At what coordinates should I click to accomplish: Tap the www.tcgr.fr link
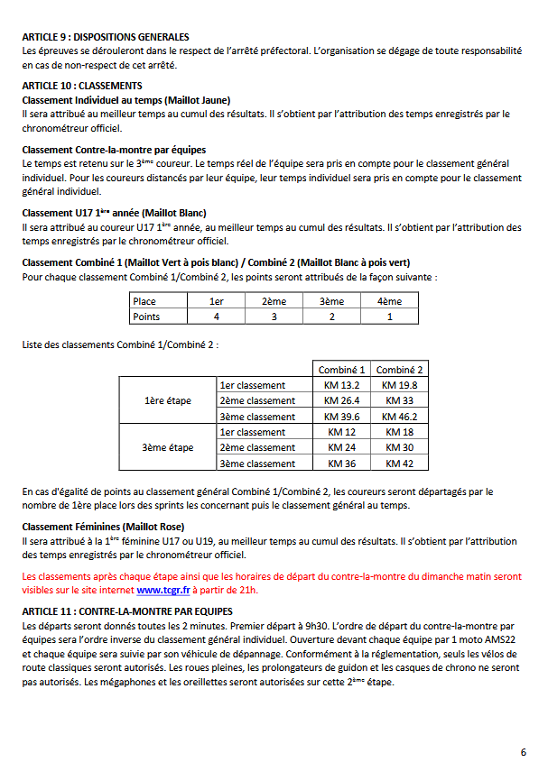tap(163, 591)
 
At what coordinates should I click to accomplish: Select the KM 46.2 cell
tap(399, 417)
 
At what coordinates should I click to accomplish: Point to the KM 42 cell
tap(399, 464)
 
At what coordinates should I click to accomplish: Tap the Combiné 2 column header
tap(399, 370)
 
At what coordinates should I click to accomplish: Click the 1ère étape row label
tap(168, 400)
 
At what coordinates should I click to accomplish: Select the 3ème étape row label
tap(168, 447)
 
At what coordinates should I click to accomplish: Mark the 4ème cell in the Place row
tap(389, 301)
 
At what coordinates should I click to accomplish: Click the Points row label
tap(147, 317)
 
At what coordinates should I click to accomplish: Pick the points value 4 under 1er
tap(217, 317)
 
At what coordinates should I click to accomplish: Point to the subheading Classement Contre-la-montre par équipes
tap(114, 149)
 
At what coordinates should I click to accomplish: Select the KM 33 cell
tap(399, 400)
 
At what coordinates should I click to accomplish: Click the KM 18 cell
tap(399, 432)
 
